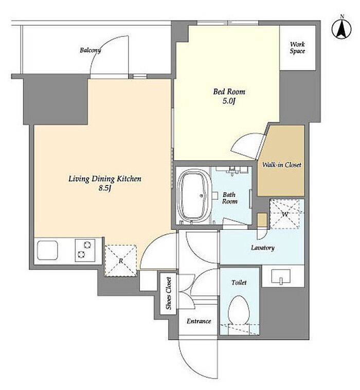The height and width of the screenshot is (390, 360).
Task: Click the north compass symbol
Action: (341, 28)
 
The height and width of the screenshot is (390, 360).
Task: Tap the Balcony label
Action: (91, 50)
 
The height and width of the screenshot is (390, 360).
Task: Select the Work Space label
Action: (297, 48)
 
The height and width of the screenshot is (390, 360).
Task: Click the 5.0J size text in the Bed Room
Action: (229, 101)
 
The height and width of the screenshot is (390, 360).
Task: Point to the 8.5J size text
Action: (105, 188)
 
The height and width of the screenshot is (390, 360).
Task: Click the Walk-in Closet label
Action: (282, 164)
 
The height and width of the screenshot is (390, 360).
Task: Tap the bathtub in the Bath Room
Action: (194, 195)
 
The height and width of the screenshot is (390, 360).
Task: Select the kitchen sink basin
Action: (47, 250)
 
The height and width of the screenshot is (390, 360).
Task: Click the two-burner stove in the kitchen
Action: (85, 250)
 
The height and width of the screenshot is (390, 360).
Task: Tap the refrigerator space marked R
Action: (121, 261)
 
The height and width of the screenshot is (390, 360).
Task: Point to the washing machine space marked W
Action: (284, 214)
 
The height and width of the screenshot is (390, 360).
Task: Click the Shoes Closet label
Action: (169, 293)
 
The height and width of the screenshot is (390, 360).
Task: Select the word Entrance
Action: (199, 321)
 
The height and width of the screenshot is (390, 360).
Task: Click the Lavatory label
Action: (263, 248)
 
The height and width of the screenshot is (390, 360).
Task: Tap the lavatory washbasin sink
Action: (281, 277)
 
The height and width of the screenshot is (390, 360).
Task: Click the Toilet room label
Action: (239, 283)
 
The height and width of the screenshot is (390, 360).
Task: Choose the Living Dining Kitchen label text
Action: (105, 179)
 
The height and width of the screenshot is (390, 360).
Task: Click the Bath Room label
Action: (229, 198)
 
